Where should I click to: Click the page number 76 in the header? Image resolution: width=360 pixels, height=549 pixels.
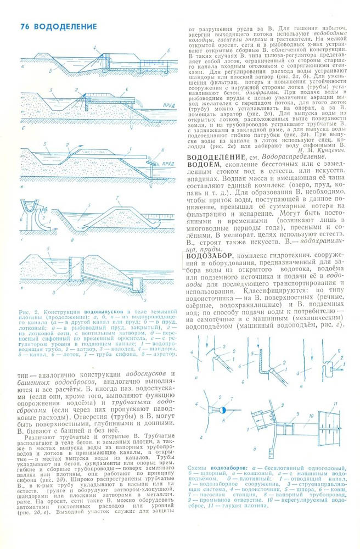pos(25,26)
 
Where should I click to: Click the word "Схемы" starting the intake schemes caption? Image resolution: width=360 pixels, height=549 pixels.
pos(196,468)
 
